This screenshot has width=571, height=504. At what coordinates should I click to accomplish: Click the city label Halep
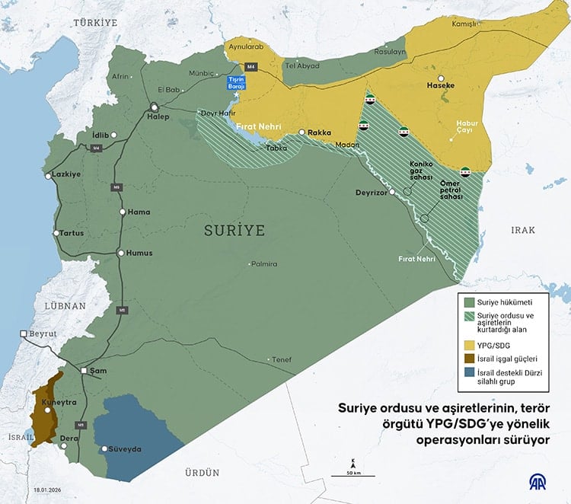click(158, 116)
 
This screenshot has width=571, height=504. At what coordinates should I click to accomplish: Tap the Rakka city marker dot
click(302, 132)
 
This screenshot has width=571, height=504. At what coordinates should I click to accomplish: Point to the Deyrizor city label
click(372, 193)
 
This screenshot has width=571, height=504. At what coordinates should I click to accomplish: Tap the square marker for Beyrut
click(23, 333)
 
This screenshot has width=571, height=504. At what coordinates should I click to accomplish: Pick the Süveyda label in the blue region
click(125, 450)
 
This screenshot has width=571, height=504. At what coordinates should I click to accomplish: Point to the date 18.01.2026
click(29, 491)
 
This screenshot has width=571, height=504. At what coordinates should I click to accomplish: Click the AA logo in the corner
click(541, 481)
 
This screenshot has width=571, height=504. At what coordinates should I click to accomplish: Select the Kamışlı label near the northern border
click(464, 24)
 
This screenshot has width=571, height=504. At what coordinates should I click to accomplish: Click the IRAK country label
click(523, 230)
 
